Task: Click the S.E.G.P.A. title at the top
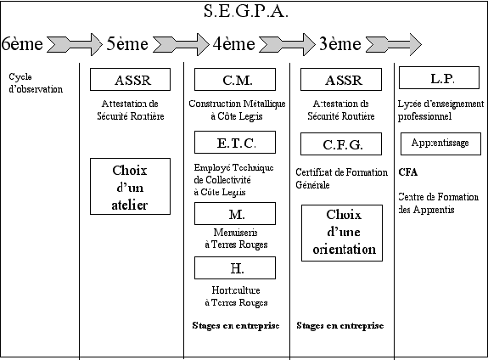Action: pyautogui.click(x=246, y=11)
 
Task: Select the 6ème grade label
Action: pyautogui.click(x=22, y=43)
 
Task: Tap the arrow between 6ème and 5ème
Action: pyautogui.click(x=75, y=44)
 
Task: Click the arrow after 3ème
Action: pyautogui.click(x=394, y=44)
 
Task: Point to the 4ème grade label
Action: pyautogui.click(x=234, y=43)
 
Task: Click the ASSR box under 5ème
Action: pyautogui.click(x=130, y=80)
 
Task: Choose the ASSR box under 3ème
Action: pyautogui.click(x=341, y=80)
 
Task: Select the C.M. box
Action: pyautogui.click(x=235, y=80)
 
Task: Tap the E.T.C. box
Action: pyautogui.click(x=235, y=143)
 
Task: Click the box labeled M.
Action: pyautogui.click(x=235, y=214)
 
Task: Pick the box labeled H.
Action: pyautogui.click(x=235, y=267)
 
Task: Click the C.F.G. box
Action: pyautogui.click(x=341, y=143)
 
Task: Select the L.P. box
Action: pyautogui.click(x=439, y=77)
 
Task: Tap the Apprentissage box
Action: pyautogui.click(x=440, y=143)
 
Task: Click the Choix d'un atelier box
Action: pyautogui.click(x=130, y=186)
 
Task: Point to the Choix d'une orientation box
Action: pyautogui.click(x=342, y=233)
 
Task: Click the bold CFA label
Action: pyautogui.click(x=407, y=172)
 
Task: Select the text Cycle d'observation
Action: pyautogui.click(x=36, y=83)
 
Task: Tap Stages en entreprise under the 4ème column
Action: pyautogui.click(x=236, y=325)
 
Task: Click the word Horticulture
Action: pyautogui.click(x=236, y=290)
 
